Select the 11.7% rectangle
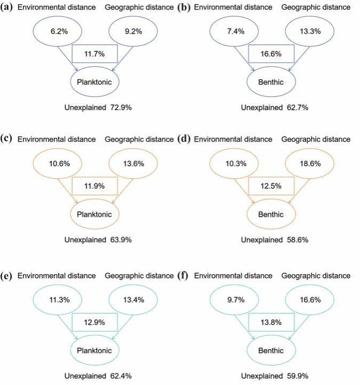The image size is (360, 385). click(x=94, y=54)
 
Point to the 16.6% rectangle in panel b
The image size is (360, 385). click(x=271, y=54)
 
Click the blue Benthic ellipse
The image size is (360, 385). click(x=271, y=82)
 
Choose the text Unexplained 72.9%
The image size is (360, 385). click(x=97, y=107)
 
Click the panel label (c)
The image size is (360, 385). click(x=7, y=138)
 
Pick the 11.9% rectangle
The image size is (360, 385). click(x=94, y=187)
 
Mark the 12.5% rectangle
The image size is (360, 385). click(x=271, y=187)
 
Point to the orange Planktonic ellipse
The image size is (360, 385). click(x=94, y=214)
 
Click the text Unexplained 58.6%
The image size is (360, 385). click(x=274, y=240)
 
